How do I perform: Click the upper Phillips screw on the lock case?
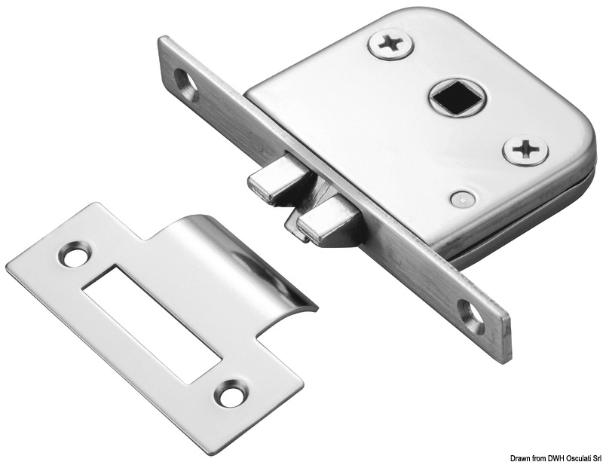click(x=390, y=44)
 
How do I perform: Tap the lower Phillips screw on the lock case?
click(x=525, y=150)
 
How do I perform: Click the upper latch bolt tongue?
click(x=271, y=182)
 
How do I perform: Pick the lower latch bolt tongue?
click(x=321, y=225)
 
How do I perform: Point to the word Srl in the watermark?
click(x=593, y=455)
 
